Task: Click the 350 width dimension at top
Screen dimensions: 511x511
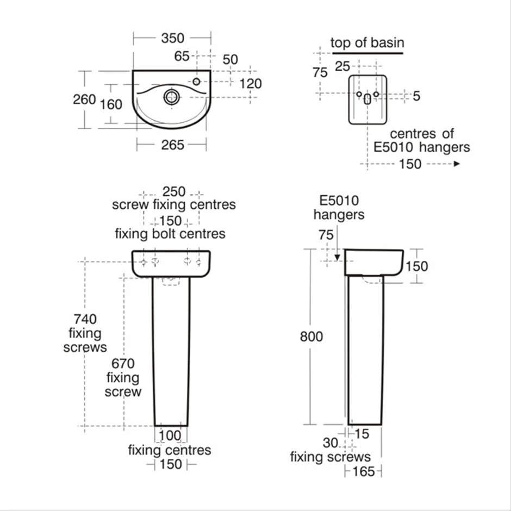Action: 172,38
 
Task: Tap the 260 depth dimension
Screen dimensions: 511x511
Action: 84,99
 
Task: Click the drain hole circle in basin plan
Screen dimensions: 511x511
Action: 171,97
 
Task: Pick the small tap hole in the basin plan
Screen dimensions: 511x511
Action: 196,82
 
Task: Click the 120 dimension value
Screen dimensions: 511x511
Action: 251,83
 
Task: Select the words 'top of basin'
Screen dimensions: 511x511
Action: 367,43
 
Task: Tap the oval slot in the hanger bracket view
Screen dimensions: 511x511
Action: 367,99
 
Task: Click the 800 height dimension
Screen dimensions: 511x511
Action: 311,336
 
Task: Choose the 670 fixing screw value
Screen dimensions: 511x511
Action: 123,363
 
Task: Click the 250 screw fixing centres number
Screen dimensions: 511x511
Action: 174,192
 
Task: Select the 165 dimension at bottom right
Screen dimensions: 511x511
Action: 364,471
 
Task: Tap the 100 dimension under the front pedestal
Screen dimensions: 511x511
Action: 171,436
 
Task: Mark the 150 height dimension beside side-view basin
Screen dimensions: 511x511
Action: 416,266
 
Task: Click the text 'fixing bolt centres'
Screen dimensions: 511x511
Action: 170,234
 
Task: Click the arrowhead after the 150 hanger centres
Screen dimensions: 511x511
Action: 457,163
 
